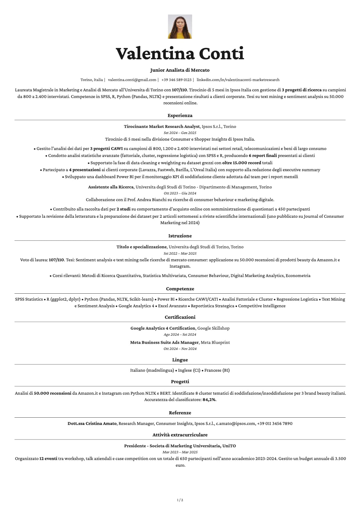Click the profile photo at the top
[180, 27]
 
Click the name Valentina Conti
[180, 54]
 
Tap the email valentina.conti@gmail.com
[132, 80]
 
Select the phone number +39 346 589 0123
[176, 80]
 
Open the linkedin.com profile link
[238, 80]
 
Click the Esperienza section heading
[180, 116]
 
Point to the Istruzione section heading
[180, 236]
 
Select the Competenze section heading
[180, 289]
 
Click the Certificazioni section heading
[180, 317]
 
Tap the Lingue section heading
[180, 360]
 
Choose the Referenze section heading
[180, 413]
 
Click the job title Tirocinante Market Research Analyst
[162, 126]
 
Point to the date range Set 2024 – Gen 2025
[180, 133]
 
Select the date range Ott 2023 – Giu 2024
[180, 193]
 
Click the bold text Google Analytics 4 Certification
[163, 328]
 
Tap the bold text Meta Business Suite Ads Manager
[164, 342]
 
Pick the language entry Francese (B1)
[217, 370]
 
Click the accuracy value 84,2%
[209, 400]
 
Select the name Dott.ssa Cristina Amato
[92, 423]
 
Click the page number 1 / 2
[180, 500]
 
